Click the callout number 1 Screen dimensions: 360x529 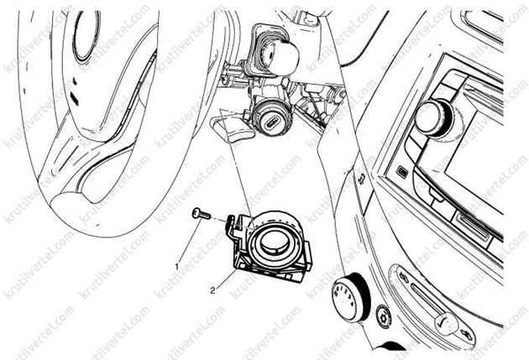coord(177,265)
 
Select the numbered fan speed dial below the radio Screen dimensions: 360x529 coord(349,293)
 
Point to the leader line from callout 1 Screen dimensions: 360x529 coord(189,243)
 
